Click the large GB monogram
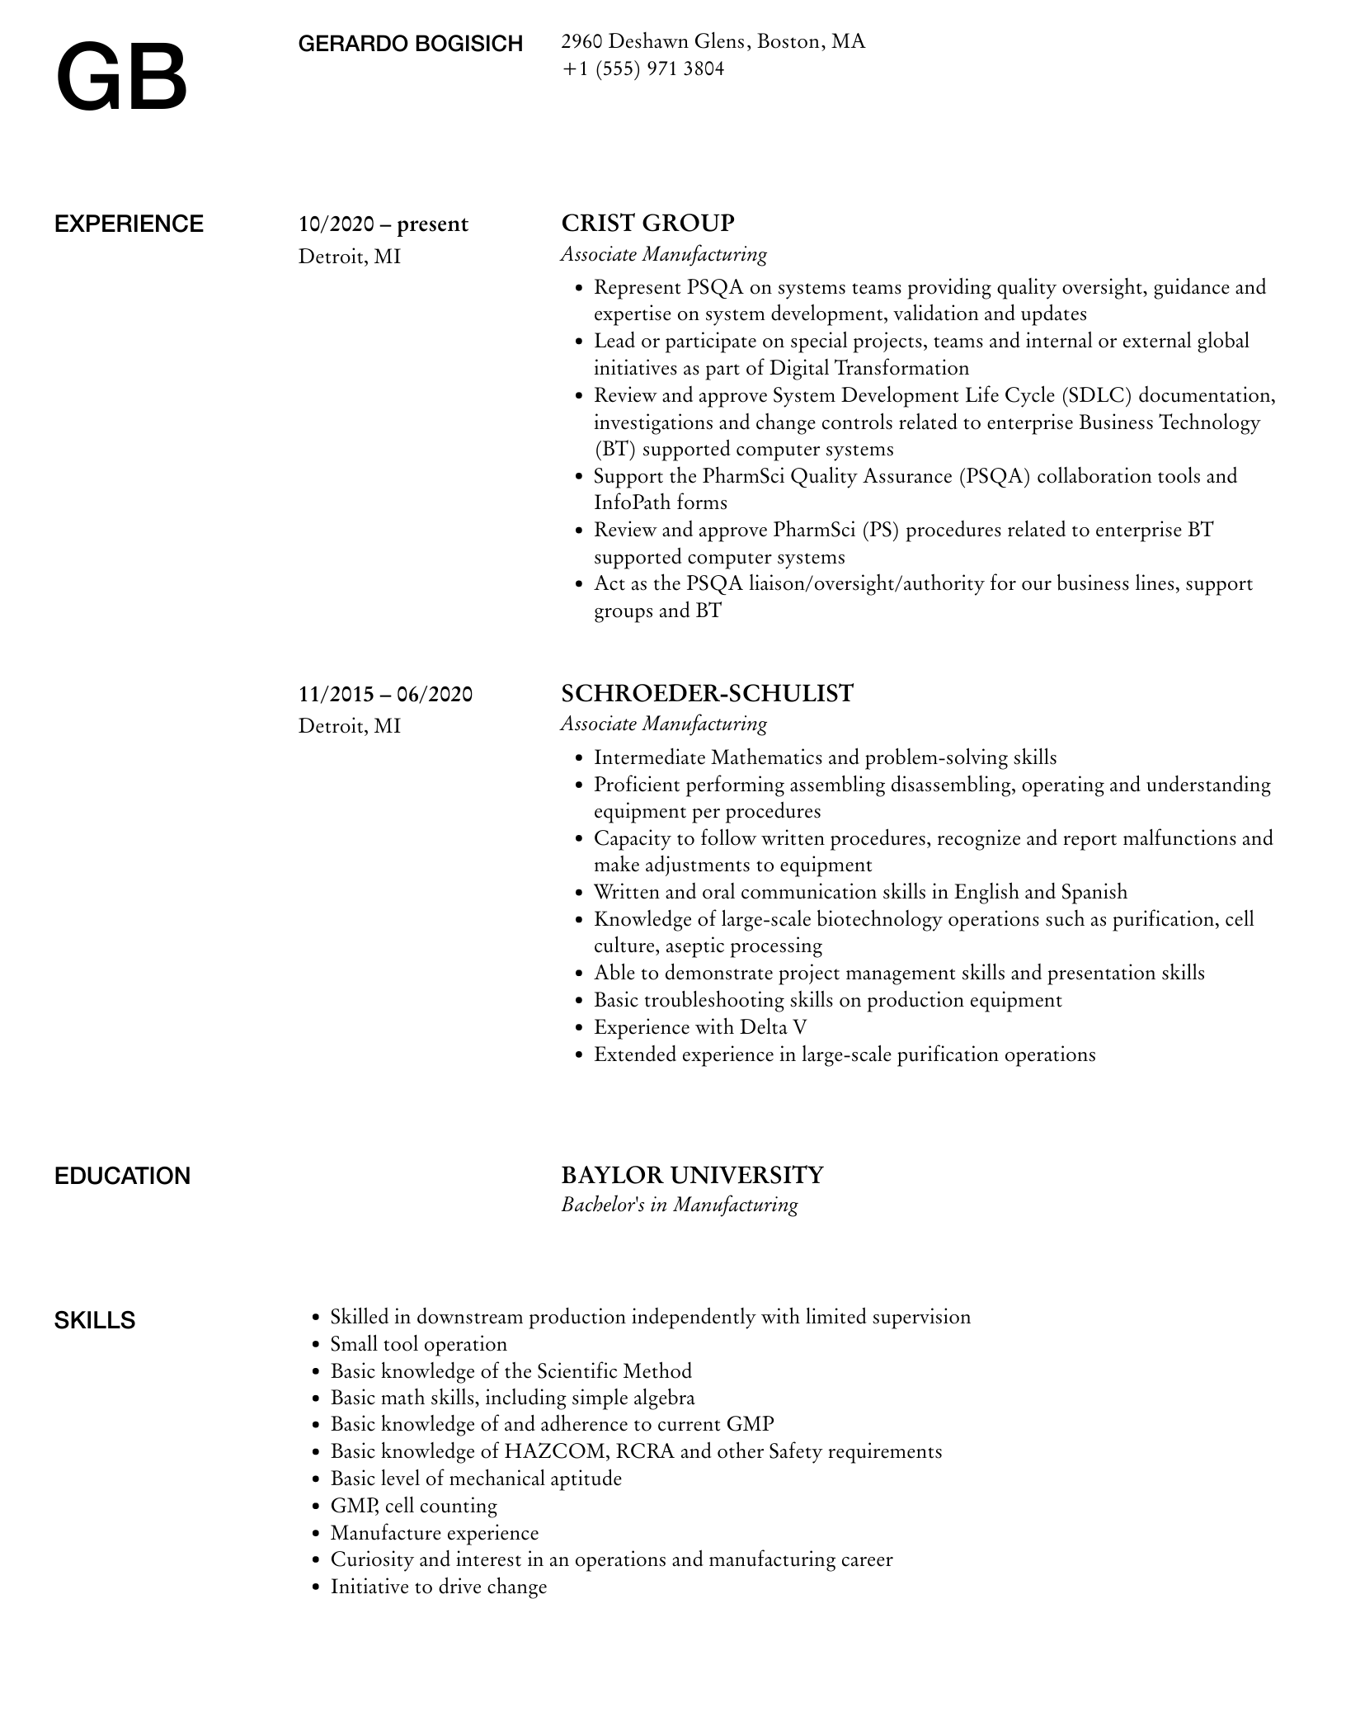122,78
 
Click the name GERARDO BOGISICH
410,44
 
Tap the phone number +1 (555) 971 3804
642,68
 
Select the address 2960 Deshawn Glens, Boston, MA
713,41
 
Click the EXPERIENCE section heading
129,224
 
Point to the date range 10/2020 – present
383,224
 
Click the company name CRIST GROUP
647,223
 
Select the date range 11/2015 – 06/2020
385,694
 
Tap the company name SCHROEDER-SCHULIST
707,693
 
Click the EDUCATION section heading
122,1176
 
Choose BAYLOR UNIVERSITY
692,1175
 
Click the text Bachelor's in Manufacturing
679,1205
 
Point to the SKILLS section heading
95,1320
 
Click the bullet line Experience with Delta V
699,1027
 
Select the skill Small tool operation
418,1344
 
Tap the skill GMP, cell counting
413,1506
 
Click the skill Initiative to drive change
438,1587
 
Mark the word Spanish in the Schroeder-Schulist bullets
1094,892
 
